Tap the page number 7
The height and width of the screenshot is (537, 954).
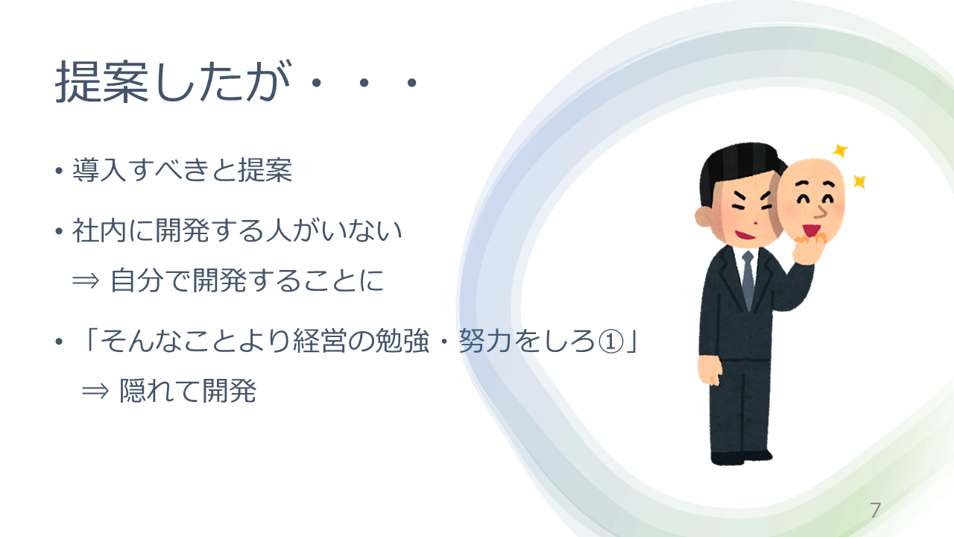coord(875,510)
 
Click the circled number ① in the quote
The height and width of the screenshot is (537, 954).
coord(611,342)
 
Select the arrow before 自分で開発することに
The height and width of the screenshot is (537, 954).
coord(86,281)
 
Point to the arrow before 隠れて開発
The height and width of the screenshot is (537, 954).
coord(95,392)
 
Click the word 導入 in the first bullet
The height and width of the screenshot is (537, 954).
coord(99,170)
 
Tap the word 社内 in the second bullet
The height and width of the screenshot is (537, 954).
coord(99,230)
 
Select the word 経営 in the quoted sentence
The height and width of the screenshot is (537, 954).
coord(320,342)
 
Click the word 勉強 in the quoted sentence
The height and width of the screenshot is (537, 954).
coord(401,342)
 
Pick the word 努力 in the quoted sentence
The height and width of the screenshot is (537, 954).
coord(485,342)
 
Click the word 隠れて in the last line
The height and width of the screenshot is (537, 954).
coord(160,392)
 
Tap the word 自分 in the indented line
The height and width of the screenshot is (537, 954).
coord(137,281)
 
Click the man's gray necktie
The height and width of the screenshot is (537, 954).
coord(748,279)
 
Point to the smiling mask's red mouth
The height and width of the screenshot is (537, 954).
coord(812,231)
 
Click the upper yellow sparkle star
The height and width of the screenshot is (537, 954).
coord(840,151)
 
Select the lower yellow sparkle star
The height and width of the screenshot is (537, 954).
coord(859,181)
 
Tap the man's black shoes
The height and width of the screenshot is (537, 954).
coord(740,457)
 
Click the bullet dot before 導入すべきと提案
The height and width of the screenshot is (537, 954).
coord(59,172)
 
